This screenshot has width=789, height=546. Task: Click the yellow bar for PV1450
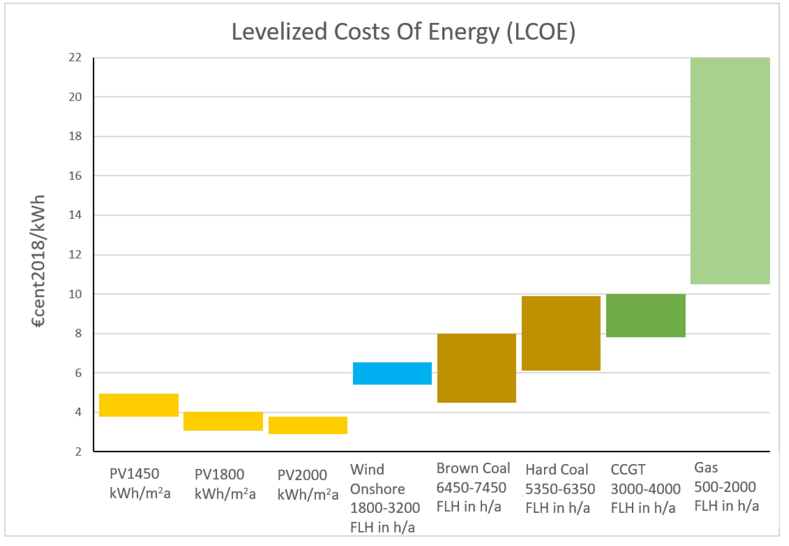[139, 405]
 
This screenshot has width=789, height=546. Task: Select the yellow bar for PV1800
[223, 421]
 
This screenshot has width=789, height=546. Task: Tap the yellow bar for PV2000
[308, 425]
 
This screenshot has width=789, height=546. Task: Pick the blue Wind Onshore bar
[392, 373]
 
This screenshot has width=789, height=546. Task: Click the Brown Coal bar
[476, 368]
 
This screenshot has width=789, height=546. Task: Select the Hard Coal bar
[561, 333]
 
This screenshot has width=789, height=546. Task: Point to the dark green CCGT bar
[645, 316]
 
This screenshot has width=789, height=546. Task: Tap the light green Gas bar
[730, 171]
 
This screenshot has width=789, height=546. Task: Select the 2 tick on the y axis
[78, 452]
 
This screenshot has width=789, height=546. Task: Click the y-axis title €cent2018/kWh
[38, 261]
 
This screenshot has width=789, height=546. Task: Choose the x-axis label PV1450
[134, 474]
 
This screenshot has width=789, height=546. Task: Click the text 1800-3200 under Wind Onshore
[385, 508]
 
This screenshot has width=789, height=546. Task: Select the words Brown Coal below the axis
[473, 468]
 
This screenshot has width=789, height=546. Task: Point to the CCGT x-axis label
[628, 470]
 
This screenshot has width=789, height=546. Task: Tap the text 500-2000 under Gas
[725, 487]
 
